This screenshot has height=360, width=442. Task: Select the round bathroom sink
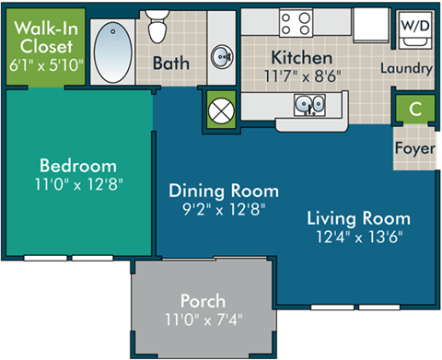(222, 56)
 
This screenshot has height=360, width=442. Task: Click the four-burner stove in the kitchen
(297, 21)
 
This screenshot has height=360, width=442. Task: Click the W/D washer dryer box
(412, 26)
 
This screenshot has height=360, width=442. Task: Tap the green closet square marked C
(415, 109)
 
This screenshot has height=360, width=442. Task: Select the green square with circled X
(221, 110)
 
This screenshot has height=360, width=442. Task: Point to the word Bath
(170, 64)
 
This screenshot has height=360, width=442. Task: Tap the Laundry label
(405, 68)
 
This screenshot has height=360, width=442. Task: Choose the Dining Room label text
(224, 191)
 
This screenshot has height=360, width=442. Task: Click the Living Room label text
(358, 218)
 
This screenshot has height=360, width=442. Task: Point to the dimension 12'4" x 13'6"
(358, 236)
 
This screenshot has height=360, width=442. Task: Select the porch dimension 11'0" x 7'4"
(204, 320)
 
